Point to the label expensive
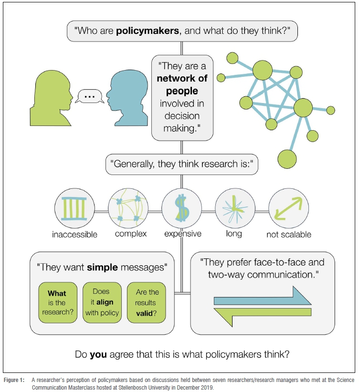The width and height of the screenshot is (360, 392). coord(183,234)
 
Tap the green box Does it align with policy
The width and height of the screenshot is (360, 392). coord(101,303)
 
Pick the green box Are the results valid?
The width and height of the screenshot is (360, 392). coord(146,303)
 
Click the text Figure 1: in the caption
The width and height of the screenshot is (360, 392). coord(15,380)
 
